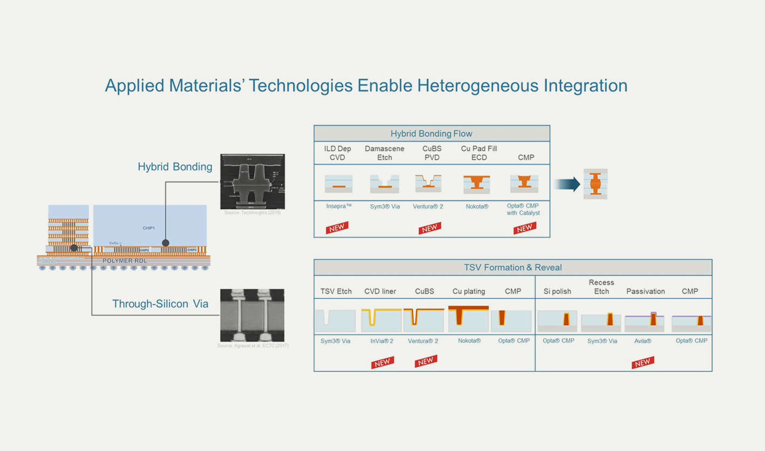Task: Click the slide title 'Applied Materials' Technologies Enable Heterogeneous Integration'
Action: pos(365,86)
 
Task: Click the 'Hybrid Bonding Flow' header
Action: pos(431,133)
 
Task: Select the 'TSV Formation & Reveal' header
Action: pos(512,267)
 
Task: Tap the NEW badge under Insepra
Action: pos(336,228)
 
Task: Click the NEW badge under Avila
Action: pos(642,362)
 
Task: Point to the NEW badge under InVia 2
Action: pos(382,362)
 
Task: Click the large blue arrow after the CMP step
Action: pos(566,184)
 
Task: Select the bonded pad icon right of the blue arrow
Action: pos(595,184)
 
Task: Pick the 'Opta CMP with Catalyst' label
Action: pos(523,210)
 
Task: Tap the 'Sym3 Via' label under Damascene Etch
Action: pos(384,206)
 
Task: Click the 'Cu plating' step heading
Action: pos(468,291)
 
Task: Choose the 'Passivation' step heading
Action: pos(645,291)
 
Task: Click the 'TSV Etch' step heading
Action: pos(336,291)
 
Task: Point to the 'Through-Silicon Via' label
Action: pos(160,304)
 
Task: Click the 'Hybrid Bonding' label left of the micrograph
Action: pos(175,167)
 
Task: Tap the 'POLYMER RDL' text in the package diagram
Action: pos(125,261)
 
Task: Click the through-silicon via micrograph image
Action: pos(252,315)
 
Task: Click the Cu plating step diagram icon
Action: pos(468,317)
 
